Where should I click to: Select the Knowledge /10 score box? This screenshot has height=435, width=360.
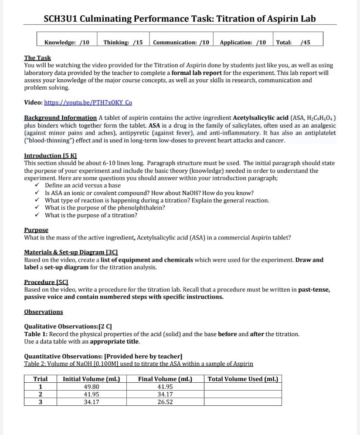pyautogui.click(x=67, y=42)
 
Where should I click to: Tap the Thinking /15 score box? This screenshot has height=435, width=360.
pyautogui.click(x=123, y=42)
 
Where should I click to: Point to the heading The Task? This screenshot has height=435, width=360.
pyautogui.click(x=37, y=58)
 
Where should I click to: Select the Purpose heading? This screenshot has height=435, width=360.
pyautogui.click(x=36, y=230)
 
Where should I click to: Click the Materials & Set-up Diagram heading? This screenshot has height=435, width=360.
pyautogui.click(x=71, y=253)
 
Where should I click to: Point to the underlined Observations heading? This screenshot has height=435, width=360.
pyautogui.click(x=44, y=312)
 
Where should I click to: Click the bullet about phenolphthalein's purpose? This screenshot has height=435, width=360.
pyautogui.click(x=105, y=208)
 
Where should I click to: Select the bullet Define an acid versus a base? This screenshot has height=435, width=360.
pyautogui.click(x=83, y=185)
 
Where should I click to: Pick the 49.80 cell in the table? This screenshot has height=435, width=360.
pyautogui.click(x=91, y=387)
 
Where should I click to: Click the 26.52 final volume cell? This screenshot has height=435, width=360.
pyautogui.click(x=165, y=402)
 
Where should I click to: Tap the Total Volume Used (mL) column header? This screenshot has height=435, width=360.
pyautogui.click(x=243, y=379)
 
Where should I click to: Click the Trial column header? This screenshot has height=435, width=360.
pyautogui.click(x=41, y=379)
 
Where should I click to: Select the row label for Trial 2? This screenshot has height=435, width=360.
pyautogui.click(x=41, y=395)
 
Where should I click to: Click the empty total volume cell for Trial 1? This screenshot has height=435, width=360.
pyautogui.click(x=243, y=387)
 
